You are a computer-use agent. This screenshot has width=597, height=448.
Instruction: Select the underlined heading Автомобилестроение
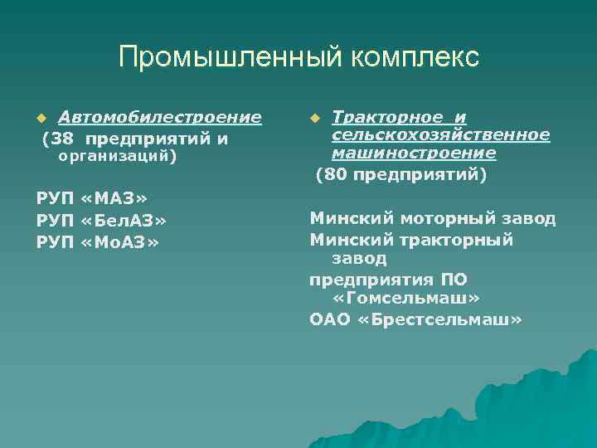159,117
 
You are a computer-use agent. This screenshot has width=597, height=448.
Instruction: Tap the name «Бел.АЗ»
125,220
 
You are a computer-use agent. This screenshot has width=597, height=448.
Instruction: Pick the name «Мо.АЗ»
122,241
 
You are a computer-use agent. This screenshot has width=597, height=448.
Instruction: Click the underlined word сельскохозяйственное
440,134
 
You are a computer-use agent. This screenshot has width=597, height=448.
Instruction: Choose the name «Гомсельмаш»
405,298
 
